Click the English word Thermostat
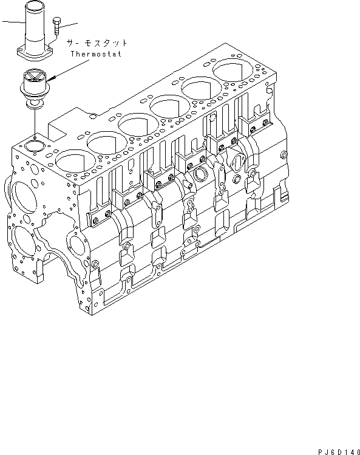pyautogui.click(x=96, y=54)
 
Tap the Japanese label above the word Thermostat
pyautogui.click(x=97, y=43)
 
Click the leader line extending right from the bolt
pyautogui.click(x=70, y=25)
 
